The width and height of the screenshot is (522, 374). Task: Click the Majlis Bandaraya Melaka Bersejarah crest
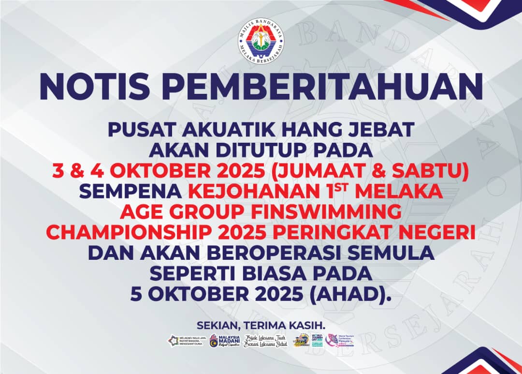pos(261,43)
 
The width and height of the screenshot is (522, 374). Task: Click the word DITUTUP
pos(261,150)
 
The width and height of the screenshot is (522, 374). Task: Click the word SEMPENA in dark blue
pos(129,192)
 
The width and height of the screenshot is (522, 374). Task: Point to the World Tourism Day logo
pos(303,340)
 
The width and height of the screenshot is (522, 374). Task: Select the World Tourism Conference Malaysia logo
pos(340,340)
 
